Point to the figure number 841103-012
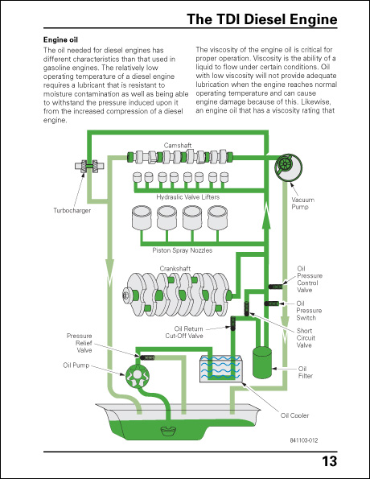pyautogui.click(x=306, y=440)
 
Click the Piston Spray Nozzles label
pyautogui.click(x=182, y=250)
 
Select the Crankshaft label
pyautogui.click(x=174, y=266)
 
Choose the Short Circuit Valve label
pyautogui.click(x=305, y=338)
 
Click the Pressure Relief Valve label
pyautogui.click(x=79, y=343)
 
